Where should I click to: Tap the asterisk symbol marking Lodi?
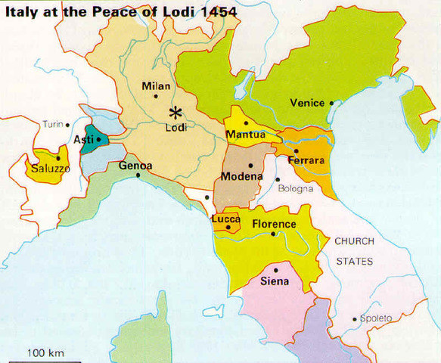click(175, 113)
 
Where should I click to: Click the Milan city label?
click(156, 85)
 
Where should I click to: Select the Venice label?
click(307, 103)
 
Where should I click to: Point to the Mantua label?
click(245, 135)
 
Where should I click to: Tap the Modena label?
click(241, 176)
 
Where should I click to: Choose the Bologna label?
click(294, 188)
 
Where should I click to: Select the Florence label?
click(274, 224)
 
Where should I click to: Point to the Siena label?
click(274, 281)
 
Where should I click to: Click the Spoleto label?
click(376, 318)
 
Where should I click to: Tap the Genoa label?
click(135, 166)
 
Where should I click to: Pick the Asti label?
click(82, 140)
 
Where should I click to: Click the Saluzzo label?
click(51, 169)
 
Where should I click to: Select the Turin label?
click(53, 125)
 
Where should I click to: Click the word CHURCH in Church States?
click(355, 242)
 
